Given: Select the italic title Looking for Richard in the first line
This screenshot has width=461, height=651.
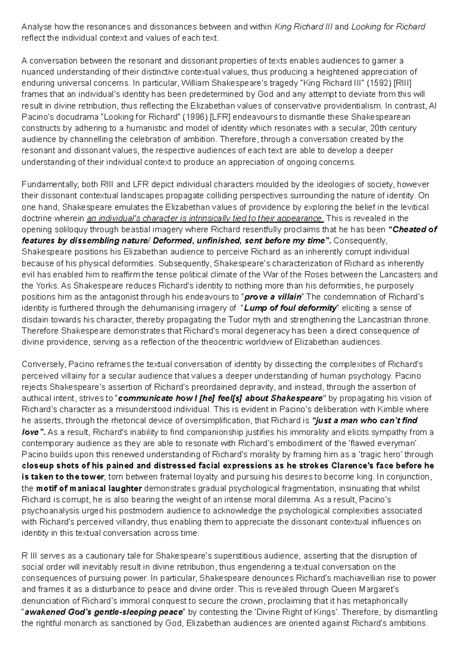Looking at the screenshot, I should point(388,27).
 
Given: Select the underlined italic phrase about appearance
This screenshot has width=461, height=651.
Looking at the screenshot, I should point(206,218).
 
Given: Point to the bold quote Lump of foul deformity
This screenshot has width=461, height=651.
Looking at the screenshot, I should point(290,308).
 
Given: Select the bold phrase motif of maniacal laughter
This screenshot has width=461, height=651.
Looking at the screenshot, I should point(89,488).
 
